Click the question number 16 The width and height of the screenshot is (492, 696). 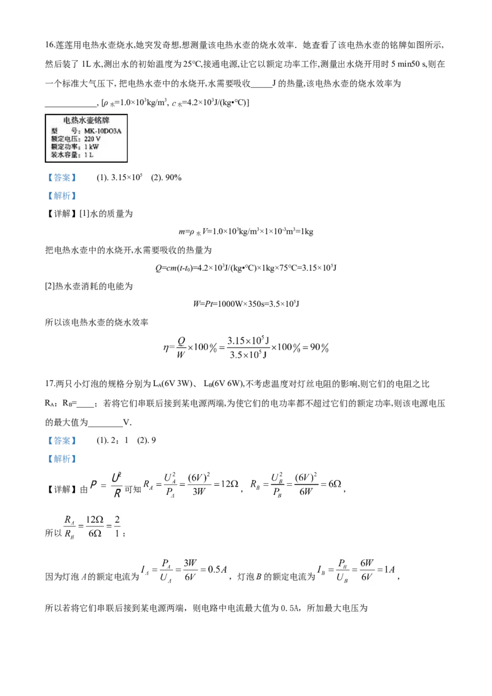pyautogui.click(x=49, y=45)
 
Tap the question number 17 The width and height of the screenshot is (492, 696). pyautogui.click(x=49, y=384)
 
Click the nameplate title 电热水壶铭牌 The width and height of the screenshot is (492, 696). pyautogui.click(x=86, y=121)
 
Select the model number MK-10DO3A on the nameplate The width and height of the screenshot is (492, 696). pyautogui.click(x=103, y=131)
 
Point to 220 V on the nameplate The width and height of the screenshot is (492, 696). pyautogui.click(x=92, y=139)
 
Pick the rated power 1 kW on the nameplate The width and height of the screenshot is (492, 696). pyautogui.click(x=92, y=147)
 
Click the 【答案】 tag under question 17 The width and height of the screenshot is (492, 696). pyautogui.click(x=62, y=441)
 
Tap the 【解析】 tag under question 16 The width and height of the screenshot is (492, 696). pyautogui.click(x=62, y=196)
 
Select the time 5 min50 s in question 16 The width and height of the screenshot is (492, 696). pyautogui.click(x=408, y=64)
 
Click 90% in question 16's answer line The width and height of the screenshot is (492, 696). pyautogui.click(x=173, y=178)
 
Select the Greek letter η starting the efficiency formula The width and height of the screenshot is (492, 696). pyautogui.click(x=165, y=347)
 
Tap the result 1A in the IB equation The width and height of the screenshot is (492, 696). pyautogui.click(x=389, y=569)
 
